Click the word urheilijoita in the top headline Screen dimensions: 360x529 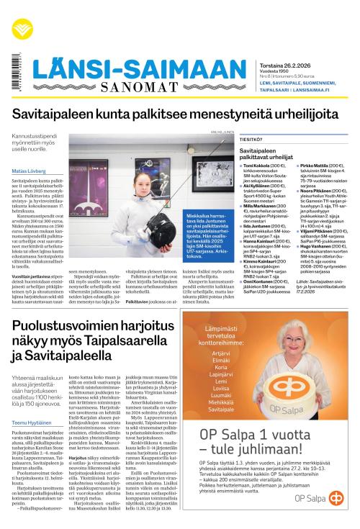point(300,115)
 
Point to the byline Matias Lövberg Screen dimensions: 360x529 point(30,171)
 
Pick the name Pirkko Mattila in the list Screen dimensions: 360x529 point(312,165)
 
